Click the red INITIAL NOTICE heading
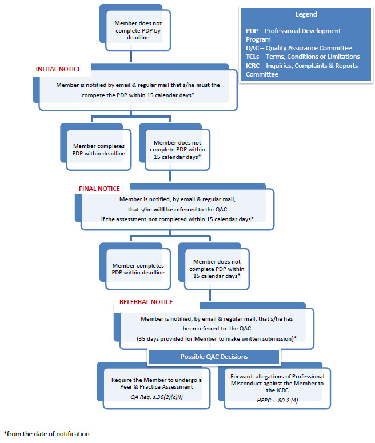click(x=58, y=69)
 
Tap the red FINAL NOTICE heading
click(x=99, y=189)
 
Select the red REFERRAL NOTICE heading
click(x=146, y=302)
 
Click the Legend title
click(x=306, y=14)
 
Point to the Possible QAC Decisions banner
click(x=214, y=357)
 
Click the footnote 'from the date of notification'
click(x=47, y=434)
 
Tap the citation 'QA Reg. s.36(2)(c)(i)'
click(x=157, y=397)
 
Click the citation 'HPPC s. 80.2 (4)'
click(x=277, y=400)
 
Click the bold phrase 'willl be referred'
click(x=175, y=210)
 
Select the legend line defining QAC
click(x=299, y=48)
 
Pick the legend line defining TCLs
click(x=302, y=57)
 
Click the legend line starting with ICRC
click(x=301, y=70)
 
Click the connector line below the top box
click(x=131, y=57)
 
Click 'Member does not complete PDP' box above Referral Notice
click(x=214, y=266)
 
